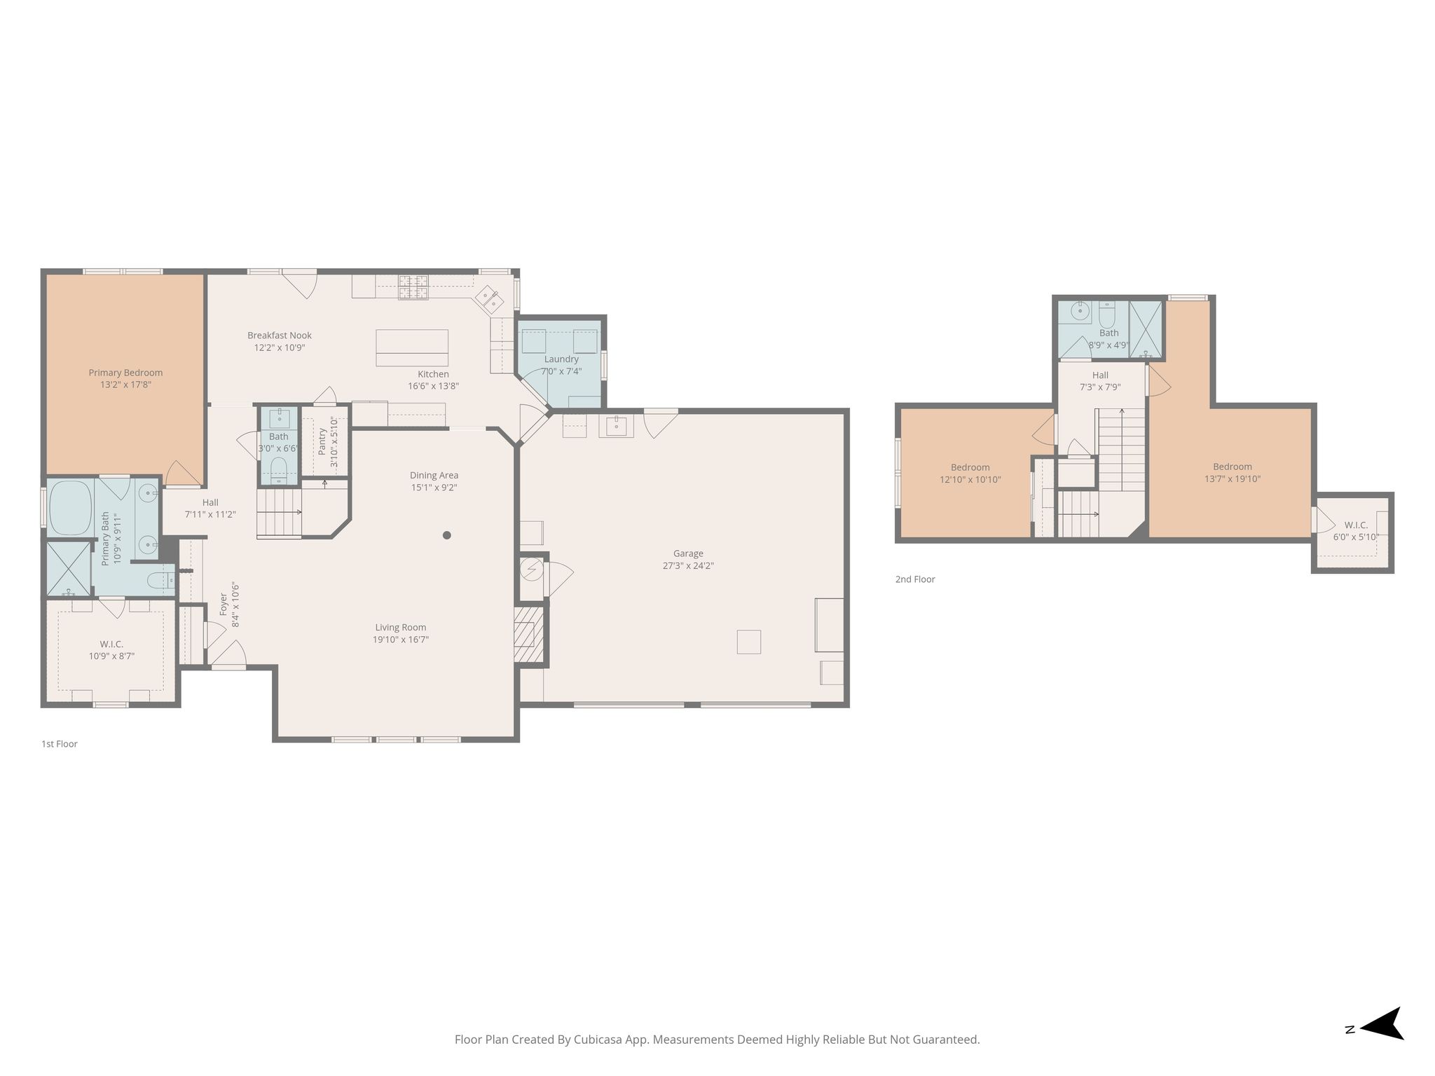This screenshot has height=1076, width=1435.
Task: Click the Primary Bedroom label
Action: (x=125, y=373)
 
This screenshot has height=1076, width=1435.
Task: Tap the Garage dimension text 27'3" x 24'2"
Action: (x=688, y=566)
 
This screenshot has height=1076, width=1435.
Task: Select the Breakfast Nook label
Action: (x=280, y=336)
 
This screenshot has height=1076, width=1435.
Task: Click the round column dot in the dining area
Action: (x=446, y=535)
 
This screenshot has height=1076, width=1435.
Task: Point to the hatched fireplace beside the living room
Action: (x=529, y=635)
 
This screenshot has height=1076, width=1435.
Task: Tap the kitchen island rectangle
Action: (x=412, y=348)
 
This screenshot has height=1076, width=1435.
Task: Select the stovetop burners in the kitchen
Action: (x=413, y=287)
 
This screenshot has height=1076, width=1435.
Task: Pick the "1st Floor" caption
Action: (x=60, y=744)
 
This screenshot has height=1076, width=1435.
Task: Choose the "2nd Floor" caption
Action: (x=915, y=579)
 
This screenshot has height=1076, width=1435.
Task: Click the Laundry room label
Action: (x=561, y=359)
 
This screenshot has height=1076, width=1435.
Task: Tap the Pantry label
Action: (x=322, y=442)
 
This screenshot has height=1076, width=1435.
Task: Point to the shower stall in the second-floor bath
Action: (x=1146, y=329)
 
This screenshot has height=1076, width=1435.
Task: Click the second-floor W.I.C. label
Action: (x=1356, y=525)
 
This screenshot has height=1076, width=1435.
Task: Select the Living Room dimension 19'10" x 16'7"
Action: (x=401, y=640)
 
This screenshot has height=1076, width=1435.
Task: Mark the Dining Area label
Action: (x=434, y=476)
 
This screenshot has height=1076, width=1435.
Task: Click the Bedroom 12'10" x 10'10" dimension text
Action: (x=970, y=480)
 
